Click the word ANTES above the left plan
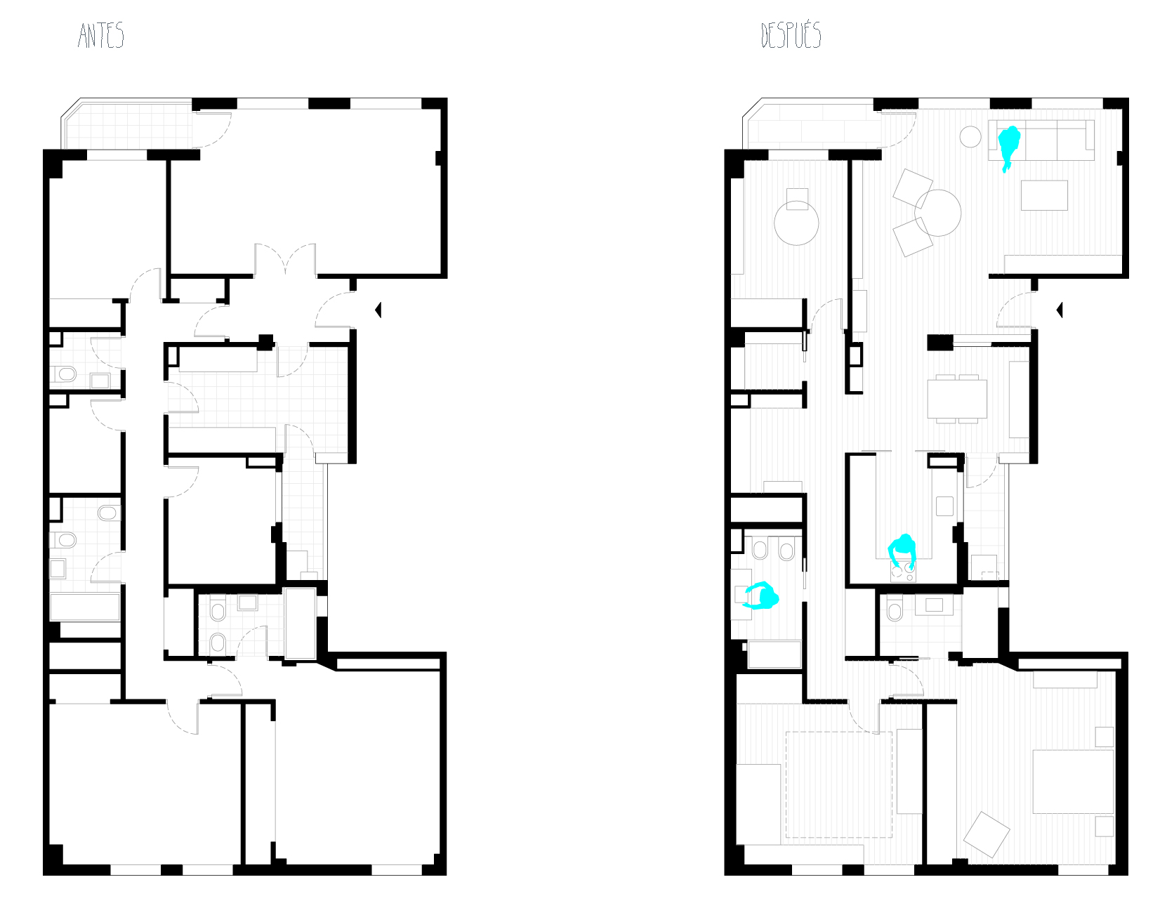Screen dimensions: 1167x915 [101, 35]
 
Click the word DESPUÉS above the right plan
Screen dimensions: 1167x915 [791, 35]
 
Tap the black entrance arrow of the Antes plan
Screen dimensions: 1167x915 [378, 310]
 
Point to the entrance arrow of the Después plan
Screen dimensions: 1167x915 [1059, 310]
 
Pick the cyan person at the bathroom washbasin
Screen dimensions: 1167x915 [763, 596]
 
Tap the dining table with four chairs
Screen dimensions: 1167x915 [957, 398]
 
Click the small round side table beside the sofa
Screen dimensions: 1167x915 [970, 136]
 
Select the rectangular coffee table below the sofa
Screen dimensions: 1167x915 [1044, 195]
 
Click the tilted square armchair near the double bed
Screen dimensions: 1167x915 [987, 834]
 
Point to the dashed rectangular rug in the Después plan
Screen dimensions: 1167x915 [839, 784]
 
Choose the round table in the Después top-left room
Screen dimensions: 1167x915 [796, 223]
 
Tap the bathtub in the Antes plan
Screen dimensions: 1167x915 [85, 607]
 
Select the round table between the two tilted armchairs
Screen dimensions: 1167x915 [937, 213]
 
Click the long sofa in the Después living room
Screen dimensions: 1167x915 [1041, 140]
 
